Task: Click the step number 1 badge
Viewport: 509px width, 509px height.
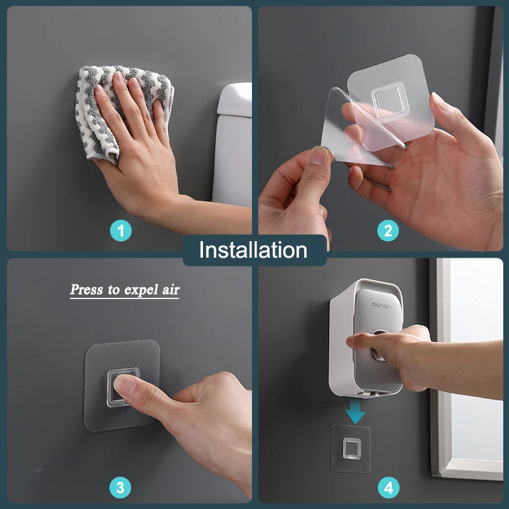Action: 122,230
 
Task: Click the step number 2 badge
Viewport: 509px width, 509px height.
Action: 388,230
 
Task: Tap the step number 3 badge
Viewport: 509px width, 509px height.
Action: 121,488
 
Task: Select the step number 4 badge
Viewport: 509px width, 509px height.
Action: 388,488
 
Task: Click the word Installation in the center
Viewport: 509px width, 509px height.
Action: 253,250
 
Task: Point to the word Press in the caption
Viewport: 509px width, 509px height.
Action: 87,290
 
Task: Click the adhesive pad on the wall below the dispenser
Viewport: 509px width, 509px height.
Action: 351,449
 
